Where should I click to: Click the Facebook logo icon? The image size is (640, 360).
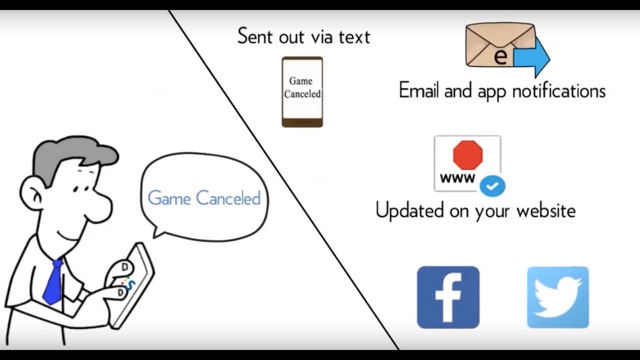448,297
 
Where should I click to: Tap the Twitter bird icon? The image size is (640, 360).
557,297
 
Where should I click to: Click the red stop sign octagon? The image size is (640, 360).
467,155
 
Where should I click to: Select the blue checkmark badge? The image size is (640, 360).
492,186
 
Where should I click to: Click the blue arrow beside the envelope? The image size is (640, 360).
531,57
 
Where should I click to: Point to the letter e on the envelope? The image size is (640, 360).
500,56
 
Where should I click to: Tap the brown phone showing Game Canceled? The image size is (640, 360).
302,91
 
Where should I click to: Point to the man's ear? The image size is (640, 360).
32,195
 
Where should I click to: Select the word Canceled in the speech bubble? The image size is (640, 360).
228,197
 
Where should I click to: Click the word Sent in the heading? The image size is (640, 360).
255,36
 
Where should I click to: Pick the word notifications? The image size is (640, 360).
559,90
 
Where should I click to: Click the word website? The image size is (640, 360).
546,210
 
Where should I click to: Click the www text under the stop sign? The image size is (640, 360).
457,178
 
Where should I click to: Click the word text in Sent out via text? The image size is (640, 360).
354,37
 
